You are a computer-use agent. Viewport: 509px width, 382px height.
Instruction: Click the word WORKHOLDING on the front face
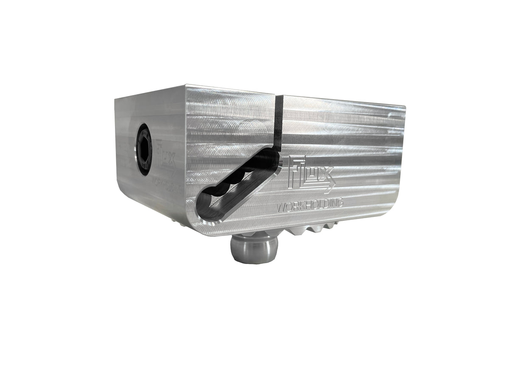[x=310, y=205]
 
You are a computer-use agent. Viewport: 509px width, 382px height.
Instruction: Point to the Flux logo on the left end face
[x=165, y=159]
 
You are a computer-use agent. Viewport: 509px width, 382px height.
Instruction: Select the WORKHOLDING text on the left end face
[x=168, y=185]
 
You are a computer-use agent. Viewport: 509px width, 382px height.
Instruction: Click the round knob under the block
[x=254, y=250]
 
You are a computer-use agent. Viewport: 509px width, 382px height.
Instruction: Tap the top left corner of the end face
[x=115, y=99]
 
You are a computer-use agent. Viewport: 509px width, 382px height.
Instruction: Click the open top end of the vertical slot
[x=279, y=97]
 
